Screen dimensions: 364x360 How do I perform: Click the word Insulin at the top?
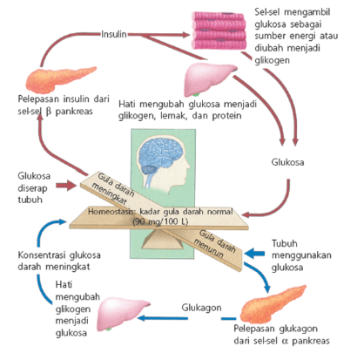(114, 34)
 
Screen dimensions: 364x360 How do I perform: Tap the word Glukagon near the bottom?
(201, 308)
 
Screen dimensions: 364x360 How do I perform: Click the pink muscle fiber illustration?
(219, 31)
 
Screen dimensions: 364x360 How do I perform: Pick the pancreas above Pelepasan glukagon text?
(273, 303)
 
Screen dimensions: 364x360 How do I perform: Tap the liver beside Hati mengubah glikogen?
(123, 314)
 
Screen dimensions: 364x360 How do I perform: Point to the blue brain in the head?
(160, 156)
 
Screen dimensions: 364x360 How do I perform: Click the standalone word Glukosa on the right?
(287, 162)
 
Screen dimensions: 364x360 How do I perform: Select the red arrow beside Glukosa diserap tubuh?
(66, 186)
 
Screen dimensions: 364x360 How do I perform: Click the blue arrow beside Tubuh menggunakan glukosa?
(254, 254)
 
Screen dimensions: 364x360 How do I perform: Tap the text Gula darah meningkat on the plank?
(112, 188)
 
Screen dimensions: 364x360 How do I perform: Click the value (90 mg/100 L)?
(160, 221)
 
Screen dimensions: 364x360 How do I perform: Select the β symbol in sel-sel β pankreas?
(49, 112)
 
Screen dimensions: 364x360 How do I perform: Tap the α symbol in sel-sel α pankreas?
(285, 341)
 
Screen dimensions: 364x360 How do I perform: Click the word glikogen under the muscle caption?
(272, 60)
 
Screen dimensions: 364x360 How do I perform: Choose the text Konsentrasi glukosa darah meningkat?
(59, 261)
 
